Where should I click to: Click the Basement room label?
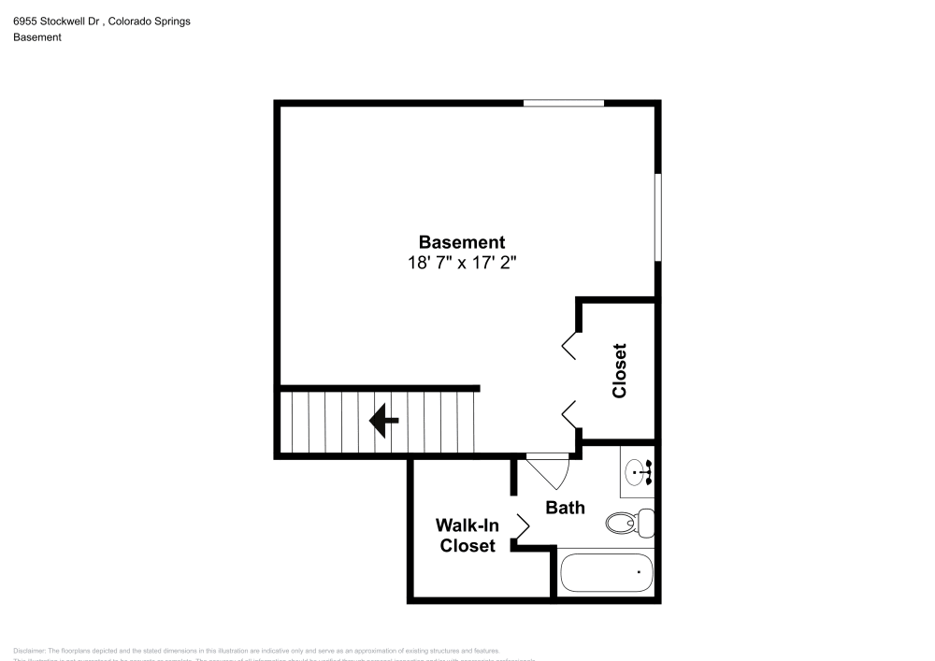[461, 241]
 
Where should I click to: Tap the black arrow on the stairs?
[383, 421]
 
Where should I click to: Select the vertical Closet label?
[619, 370]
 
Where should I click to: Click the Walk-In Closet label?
[467, 536]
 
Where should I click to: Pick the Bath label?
[566, 508]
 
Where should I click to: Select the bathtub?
[606, 571]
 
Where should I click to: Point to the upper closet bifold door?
[569, 345]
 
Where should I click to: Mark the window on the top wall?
[564, 103]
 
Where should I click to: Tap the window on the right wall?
[657, 218]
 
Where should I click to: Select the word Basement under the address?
[37, 37]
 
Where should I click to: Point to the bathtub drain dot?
[640, 570]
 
